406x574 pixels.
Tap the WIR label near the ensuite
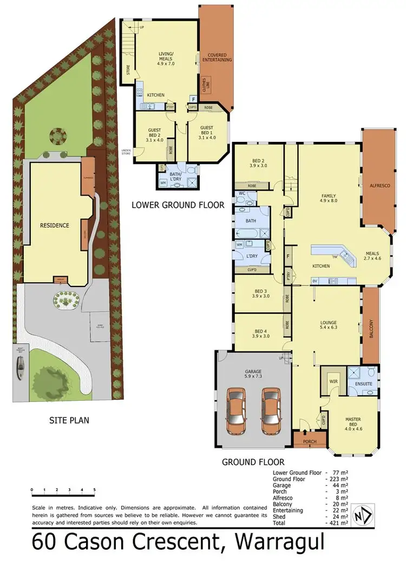coord(333,382)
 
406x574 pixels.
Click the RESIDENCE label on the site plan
coord(55,225)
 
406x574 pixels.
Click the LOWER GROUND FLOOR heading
coord(178,205)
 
